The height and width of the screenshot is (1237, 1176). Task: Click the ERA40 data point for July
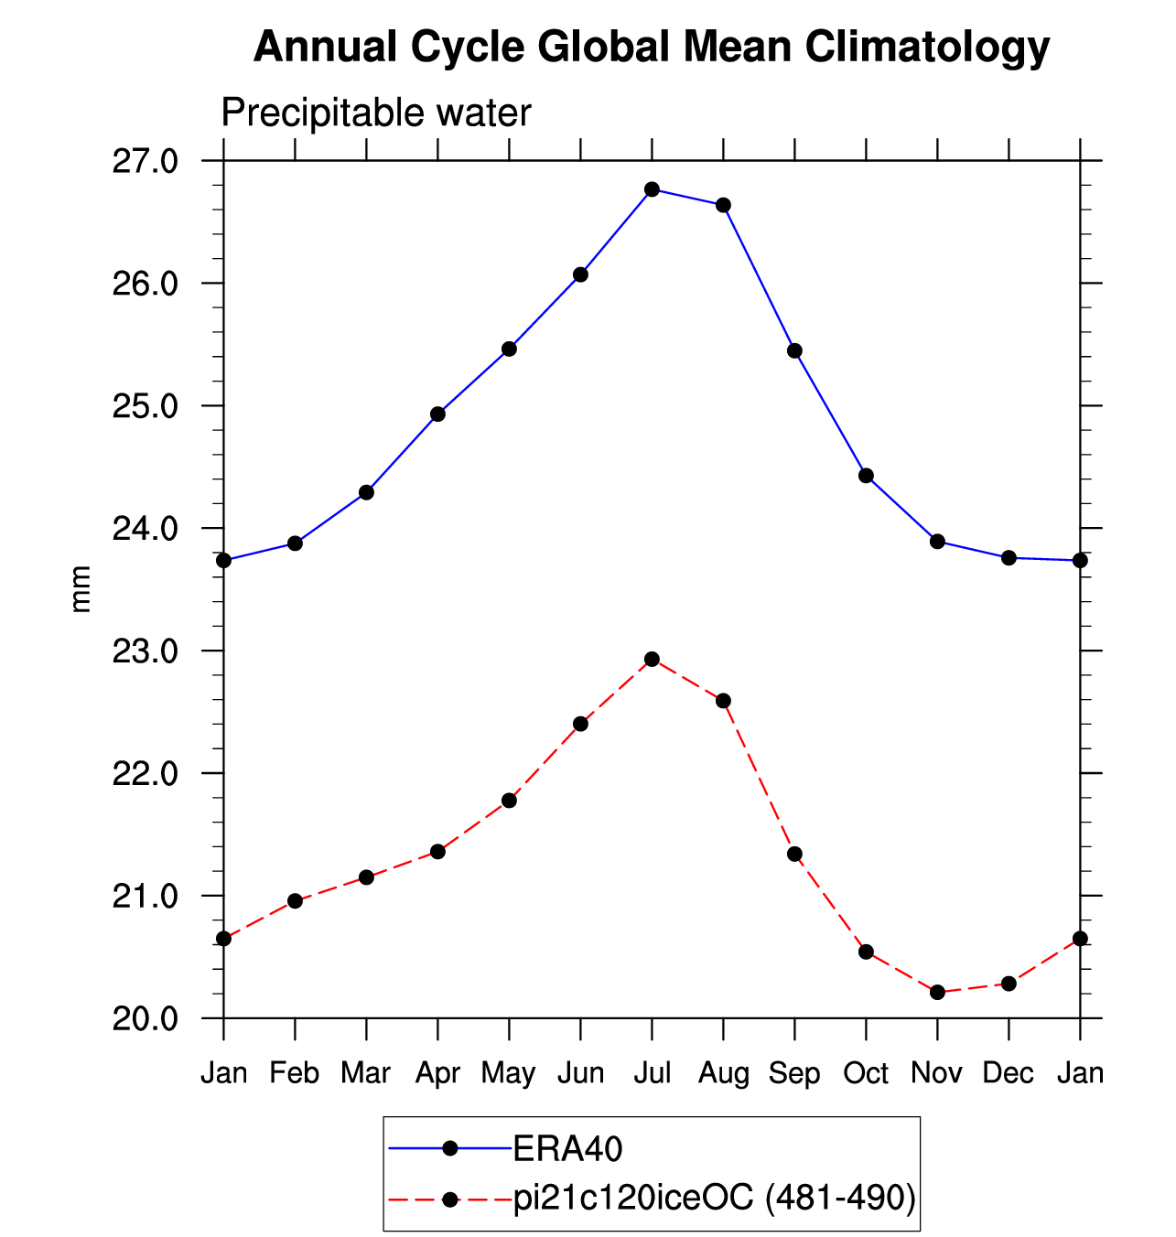(x=652, y=189)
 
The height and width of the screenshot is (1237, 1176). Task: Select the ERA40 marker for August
(x=723, y=205)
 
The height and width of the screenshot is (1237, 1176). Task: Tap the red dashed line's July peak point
(x=652, y=660)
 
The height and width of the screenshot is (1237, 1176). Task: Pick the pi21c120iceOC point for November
(x=937, y=992)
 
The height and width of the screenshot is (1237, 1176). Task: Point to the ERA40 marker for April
(x=437, y=414)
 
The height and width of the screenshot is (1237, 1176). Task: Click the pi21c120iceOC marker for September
(x=794, y=854)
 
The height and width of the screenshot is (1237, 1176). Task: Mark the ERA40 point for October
(x=866, y=476)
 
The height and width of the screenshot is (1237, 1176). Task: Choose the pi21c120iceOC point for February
(x=295, y=901)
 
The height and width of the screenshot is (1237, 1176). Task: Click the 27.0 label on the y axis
(x=145, y=162)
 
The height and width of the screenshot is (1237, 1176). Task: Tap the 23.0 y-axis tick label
(x=145, y=651)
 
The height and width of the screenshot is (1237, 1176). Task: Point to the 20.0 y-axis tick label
(x=145, y=1018)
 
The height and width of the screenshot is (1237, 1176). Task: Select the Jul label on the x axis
(x=653, y=1073)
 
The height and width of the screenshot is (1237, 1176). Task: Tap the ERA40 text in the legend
(x=567, y=1149)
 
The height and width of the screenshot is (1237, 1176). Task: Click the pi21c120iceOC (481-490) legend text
(x=715, y=1198)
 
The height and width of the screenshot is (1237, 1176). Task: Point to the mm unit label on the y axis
(x=81, y=589)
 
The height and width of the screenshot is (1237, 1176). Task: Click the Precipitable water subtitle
(x=376, y=113)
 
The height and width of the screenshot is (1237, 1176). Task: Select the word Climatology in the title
(x=927, y=48)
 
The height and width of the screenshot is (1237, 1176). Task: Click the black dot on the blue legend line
(x=449, y=1149)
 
